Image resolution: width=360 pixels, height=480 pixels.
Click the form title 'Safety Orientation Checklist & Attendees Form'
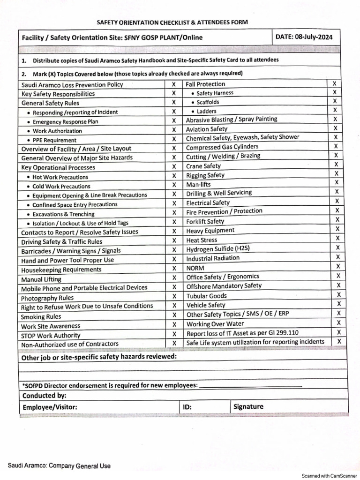click(172, 22)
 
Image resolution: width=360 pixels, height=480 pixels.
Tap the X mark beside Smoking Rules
click(174, 315)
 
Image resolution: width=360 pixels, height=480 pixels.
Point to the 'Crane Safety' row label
click(203, 165)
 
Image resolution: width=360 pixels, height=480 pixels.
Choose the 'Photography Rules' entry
click(47, 298)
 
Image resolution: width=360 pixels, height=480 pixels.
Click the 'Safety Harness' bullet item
click(215, 93)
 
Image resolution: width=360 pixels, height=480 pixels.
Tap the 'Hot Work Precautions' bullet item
click(60, 177)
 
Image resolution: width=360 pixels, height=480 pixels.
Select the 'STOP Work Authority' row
click(51, 335)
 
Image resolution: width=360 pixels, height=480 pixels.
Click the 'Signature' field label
click(248, 406)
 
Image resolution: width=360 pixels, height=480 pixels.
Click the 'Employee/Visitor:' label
click(50, 407)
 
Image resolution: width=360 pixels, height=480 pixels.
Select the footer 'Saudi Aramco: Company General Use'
click(59, 465)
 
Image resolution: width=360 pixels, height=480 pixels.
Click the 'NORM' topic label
click(195, 268)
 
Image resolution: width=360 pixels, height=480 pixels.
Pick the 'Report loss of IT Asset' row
click(242, 333)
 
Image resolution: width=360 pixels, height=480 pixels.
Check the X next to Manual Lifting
click(174, 278)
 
